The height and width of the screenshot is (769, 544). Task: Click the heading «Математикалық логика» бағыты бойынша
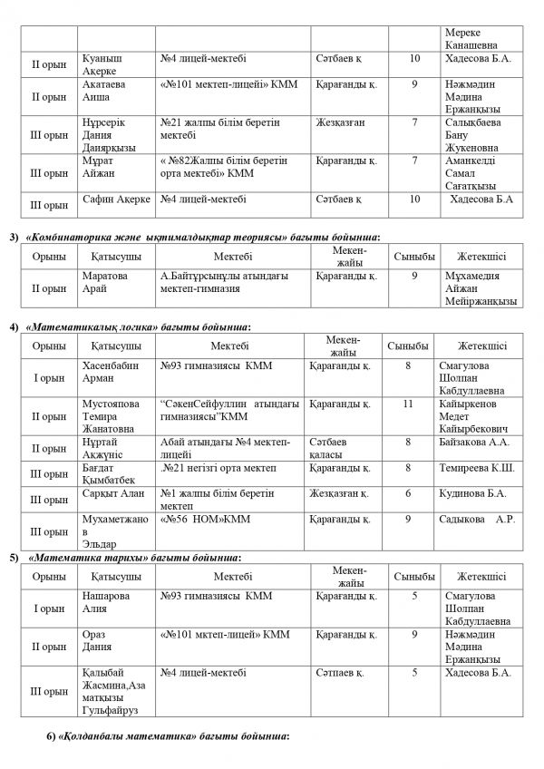140,326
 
